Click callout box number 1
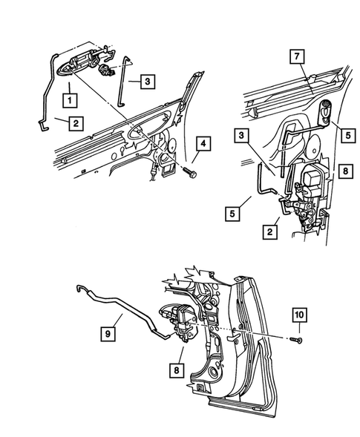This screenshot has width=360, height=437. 68,98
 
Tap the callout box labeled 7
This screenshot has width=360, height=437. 295,57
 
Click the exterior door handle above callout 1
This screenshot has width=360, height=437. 80,64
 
